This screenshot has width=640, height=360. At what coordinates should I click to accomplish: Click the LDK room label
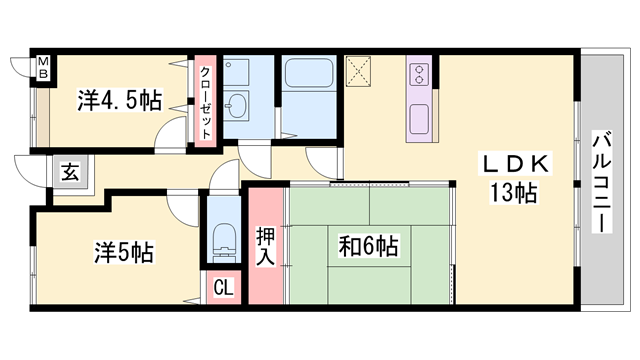[515, 164]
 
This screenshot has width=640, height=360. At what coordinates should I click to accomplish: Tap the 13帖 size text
[514, 193]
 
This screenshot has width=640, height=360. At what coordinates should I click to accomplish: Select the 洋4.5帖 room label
[120, 100]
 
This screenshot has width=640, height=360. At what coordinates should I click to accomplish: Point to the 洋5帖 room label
[124, 252]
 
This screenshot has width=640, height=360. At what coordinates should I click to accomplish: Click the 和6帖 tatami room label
[369, 246]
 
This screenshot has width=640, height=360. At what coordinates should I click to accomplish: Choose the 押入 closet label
[266, 246]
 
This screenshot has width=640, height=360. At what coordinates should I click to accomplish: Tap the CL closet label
[223, 288]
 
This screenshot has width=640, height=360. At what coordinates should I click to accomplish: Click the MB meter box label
[43, 68]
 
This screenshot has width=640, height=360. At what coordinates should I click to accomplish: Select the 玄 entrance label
[70, 171]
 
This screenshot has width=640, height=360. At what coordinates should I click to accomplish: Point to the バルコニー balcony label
[602, 182]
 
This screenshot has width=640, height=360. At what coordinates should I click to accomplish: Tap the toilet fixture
[224, 238]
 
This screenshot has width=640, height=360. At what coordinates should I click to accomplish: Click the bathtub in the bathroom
[309, 73]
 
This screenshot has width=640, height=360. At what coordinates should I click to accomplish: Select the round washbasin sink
[236, 105]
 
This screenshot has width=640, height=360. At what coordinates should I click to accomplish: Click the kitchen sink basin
[419, 119]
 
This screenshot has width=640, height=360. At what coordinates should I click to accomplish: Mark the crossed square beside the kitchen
[358, 71]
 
